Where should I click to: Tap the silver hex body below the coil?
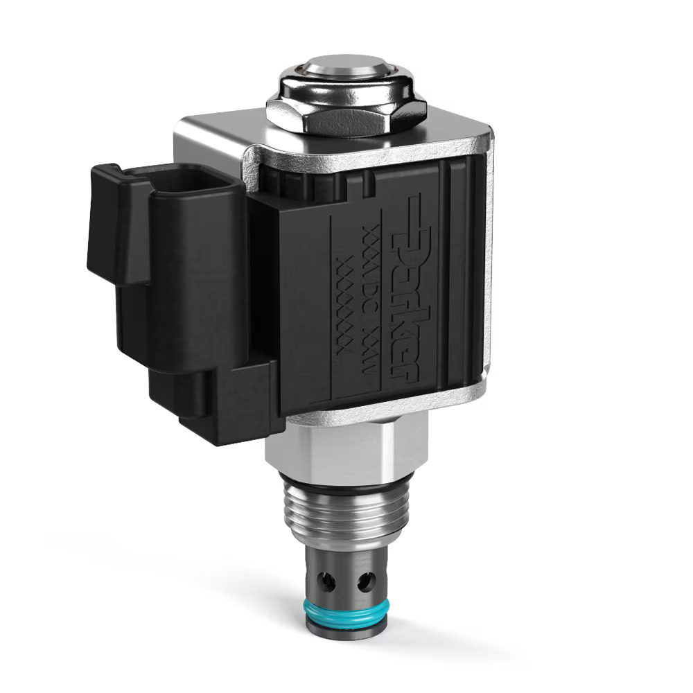tap(346, 450)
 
